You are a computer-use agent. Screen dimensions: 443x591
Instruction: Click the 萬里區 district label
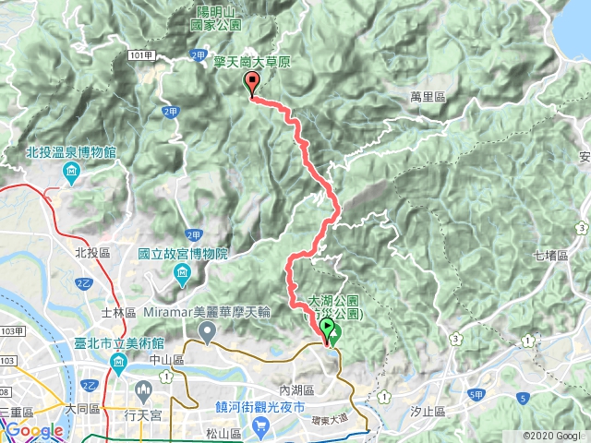tap(428, 95)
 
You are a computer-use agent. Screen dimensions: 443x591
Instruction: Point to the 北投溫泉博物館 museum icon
tap(71, 172)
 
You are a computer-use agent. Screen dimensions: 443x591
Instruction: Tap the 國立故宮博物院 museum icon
tap(183, 271)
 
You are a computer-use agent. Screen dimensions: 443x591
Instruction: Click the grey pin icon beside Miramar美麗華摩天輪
tap(208, 330)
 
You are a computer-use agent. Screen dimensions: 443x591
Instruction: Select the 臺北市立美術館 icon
tap(120, 361)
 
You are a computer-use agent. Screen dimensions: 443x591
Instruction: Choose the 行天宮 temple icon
tap(144, 388)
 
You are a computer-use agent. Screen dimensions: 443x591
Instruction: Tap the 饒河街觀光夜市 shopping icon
tap(261, 426)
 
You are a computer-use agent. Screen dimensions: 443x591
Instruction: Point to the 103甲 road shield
tap(10, 330)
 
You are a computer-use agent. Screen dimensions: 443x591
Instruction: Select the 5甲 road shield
tap(475, 394)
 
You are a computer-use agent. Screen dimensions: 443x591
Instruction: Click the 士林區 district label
tap(119, 313)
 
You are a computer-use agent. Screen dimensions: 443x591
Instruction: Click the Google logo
tap(33, 430)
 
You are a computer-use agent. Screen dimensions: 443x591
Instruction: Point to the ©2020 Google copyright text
tap(551, 436)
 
